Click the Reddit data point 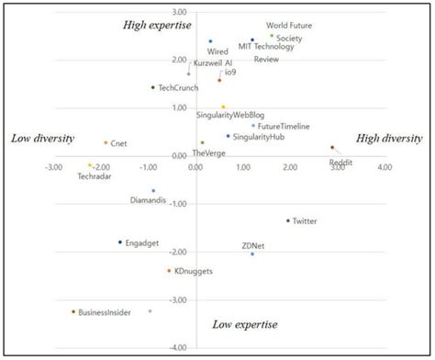[x=332, y=147]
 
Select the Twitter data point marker [x=287, y=220]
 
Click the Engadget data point [x=120, y=242]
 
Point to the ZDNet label [x=254, y=245]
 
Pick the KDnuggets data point [x=169, y=271]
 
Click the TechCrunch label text [x=178, y=87]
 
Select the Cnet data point [x=106, y=142]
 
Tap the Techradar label [x=95, y=175]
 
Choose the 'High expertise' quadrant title [x=157, y=25]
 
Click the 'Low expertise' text [x=244, y=324]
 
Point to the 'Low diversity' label [x=42, y=139]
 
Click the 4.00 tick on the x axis [x=384, y=167]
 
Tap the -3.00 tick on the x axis [x=54, y=167]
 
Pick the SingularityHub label [x=258, y=137]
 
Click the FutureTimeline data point [x=253, y=126]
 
